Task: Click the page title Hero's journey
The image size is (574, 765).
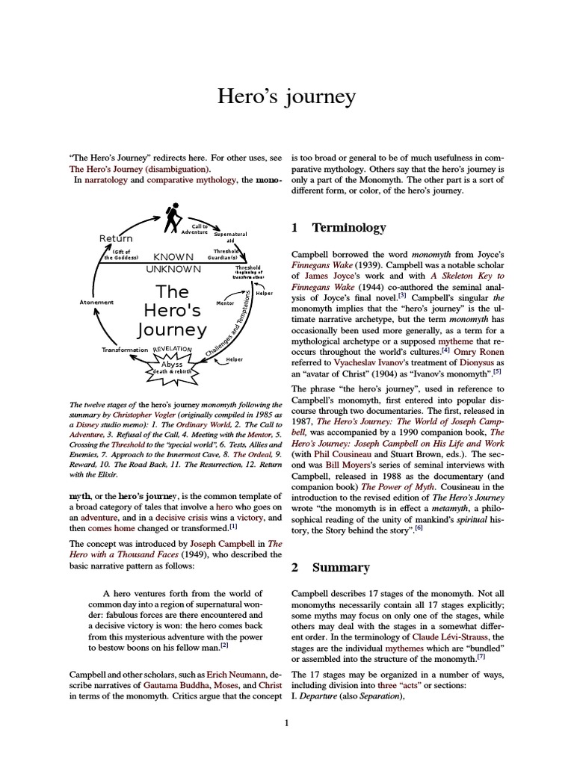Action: (286, 97)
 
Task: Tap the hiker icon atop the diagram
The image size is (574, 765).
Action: (173, 217)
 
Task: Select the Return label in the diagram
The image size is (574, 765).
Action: (116, 238)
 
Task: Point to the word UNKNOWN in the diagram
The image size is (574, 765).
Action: (173, 269)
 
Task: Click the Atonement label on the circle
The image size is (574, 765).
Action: (96, 302)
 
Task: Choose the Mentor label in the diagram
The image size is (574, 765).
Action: (225, 305)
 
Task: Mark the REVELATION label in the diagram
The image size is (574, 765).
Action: (173, 350)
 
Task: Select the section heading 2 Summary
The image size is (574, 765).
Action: (330, 567)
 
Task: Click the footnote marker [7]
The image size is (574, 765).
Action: (481, 658)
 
